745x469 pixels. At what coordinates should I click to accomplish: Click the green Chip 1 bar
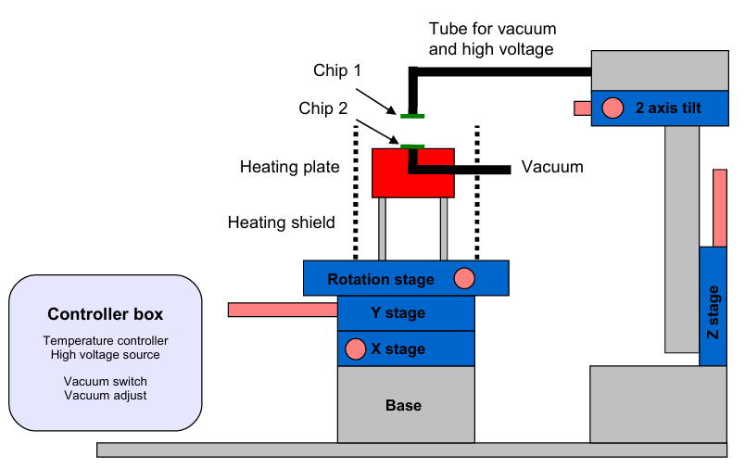pyautogui.click(x=412, y=115)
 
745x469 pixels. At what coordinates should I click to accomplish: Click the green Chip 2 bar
pyautogui.click(x=412, y=146)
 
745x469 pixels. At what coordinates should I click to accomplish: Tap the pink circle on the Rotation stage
pyautogui.click(x=464, y=278)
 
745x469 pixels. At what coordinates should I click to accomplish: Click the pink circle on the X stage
pyautogui.click(x=354, y=349)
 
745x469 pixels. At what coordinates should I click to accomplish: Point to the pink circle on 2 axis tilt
pyautogui.click(x=612, y=108)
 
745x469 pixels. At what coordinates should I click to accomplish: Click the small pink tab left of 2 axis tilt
pyautogui.click(x=582, y=108)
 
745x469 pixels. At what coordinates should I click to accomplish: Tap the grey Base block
pyautogui.click(x=404, y=405)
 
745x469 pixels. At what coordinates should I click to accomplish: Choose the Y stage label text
pyautogui.click(x=398, y=313)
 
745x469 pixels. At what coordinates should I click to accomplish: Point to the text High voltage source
pyautogui.click(x=106, y=354)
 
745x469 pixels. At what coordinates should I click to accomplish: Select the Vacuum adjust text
pyautogui.click(x=106, y=395)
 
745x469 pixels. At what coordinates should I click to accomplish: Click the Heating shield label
pyautogui.click(x=282, y=222)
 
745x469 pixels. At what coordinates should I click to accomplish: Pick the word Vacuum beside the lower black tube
pyautogui.click(x=552, y=167)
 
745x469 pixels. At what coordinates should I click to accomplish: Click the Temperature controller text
pyautogui.click(x=106, y=341)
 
